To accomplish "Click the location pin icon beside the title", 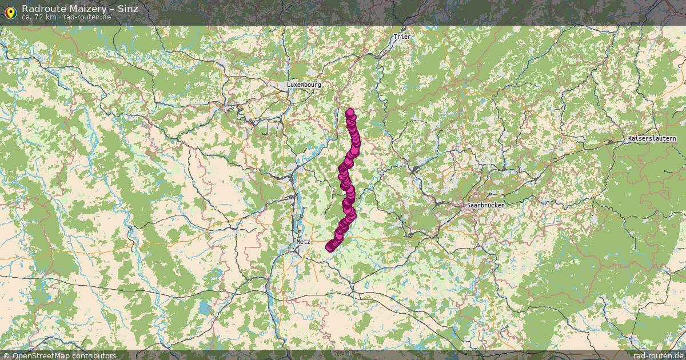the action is pos(10,12).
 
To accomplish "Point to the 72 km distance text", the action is pos(46,17).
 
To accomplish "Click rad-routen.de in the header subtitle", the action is pos(87,17).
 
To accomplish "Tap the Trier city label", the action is pos(402,37).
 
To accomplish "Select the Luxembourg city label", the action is pos(304,85).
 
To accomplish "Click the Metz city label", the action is pos(303,242).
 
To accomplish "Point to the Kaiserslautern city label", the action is pos(652,139).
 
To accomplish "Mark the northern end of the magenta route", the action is pos(350,113).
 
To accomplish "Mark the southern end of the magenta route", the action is pos(329,247).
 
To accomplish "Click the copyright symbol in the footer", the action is pos(6,355).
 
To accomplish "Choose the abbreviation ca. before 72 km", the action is pos(27,17).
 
